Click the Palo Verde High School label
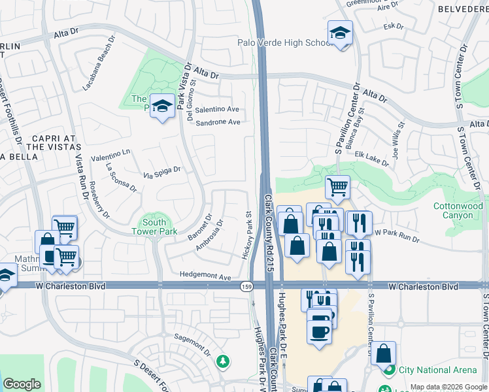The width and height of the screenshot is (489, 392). [x=282, y=43]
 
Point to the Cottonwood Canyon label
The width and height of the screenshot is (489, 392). [x=458, y=210]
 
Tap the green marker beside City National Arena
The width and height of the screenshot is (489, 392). [x=389, y=370]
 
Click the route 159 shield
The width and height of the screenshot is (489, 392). [x=246, y=286]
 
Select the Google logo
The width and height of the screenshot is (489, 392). [x=22, y=384]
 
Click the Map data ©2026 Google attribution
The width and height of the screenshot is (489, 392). [x=448, y=387]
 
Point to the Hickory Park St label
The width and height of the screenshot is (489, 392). [x=248, y=235]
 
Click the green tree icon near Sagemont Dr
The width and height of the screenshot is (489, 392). [x=223, y=361]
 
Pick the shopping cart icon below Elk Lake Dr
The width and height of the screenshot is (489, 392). [x=337, y=187]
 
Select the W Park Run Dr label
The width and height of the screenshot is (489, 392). [x=397, y=235]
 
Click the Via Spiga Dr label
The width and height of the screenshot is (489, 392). [x=161, y=173]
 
